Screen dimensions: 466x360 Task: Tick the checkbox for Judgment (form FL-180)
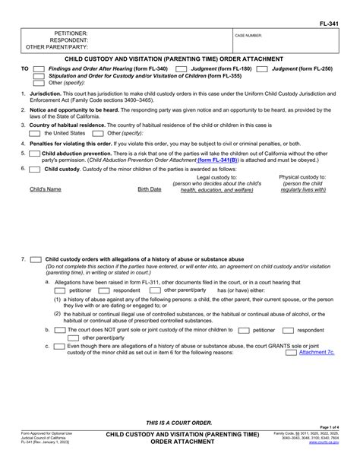tap(181, 68)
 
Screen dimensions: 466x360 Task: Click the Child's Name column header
tap(45, 189)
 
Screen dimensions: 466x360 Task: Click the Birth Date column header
tap(149, 189)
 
